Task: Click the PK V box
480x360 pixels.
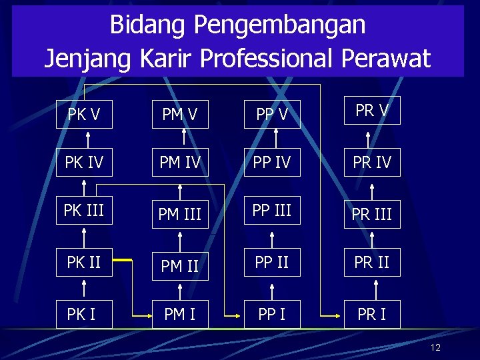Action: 84,114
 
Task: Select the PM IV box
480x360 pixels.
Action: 180,162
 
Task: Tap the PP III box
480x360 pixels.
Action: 272,211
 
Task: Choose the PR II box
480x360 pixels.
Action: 371,262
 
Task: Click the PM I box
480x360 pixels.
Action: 180,314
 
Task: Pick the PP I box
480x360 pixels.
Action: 272,314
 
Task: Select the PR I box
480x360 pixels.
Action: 371,314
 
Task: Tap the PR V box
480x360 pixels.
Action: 371,111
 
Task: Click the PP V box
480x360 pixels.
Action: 272,114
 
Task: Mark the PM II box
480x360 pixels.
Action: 180,266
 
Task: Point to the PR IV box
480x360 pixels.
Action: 371,162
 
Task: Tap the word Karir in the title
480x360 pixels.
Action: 167,58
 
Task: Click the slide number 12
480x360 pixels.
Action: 436,347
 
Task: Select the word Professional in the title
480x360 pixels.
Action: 267,58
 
